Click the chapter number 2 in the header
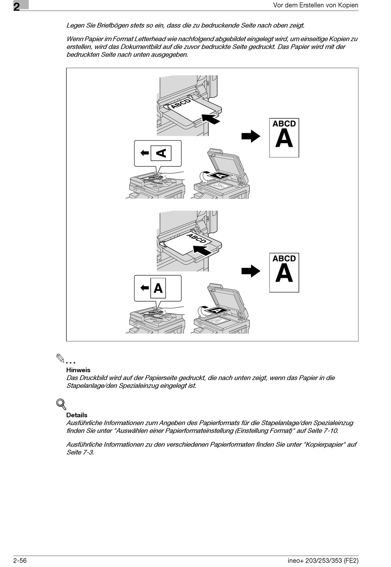[x=16, y=7]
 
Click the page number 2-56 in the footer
[x=20, y=560]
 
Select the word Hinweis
[x=78, y=370]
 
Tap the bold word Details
[x=77, y=415]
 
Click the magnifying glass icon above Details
[x=61, y=404]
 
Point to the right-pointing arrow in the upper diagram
[x=251, y=136]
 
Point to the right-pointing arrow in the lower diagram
[x=251, y=271]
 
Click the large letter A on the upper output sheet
[x=284, y=139]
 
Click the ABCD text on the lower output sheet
[x=284, y=259]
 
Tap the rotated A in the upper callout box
[x=161, y=153]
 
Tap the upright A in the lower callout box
[x=158, y=288]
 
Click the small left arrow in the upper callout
[x=144, y=153]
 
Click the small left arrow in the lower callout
[x=144, y=288]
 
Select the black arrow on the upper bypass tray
[x=211, y=118]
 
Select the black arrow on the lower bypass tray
[x=202, y=250]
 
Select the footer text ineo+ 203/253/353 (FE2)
[x=323, y=560]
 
